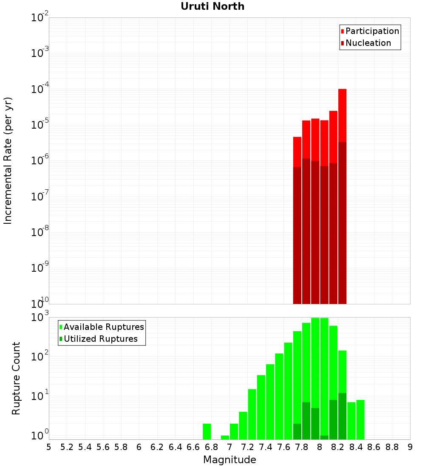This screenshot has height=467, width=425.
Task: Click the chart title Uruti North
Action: (212, 7)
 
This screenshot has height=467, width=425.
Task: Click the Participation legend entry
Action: (372, 31)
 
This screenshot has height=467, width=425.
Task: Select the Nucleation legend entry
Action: (368, 43)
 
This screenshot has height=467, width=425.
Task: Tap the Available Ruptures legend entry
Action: (104, 327)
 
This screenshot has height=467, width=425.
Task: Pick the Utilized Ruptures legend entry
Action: (100, 339)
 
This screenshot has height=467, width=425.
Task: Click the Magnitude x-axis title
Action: (229, 460)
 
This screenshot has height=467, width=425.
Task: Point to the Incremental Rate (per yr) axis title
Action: (8, 161)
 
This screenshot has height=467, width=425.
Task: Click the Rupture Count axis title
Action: (16, 378)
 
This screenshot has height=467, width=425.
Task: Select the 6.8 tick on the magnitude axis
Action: (211, 447)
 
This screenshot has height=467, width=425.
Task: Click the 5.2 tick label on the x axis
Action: (67, 447)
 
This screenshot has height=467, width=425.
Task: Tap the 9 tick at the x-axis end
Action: (410, 447)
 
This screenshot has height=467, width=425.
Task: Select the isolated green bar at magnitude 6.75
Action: (207, 431)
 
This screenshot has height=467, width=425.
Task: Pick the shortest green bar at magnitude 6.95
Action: (225, 437)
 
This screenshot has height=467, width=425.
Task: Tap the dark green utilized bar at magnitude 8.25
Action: (342, 416)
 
